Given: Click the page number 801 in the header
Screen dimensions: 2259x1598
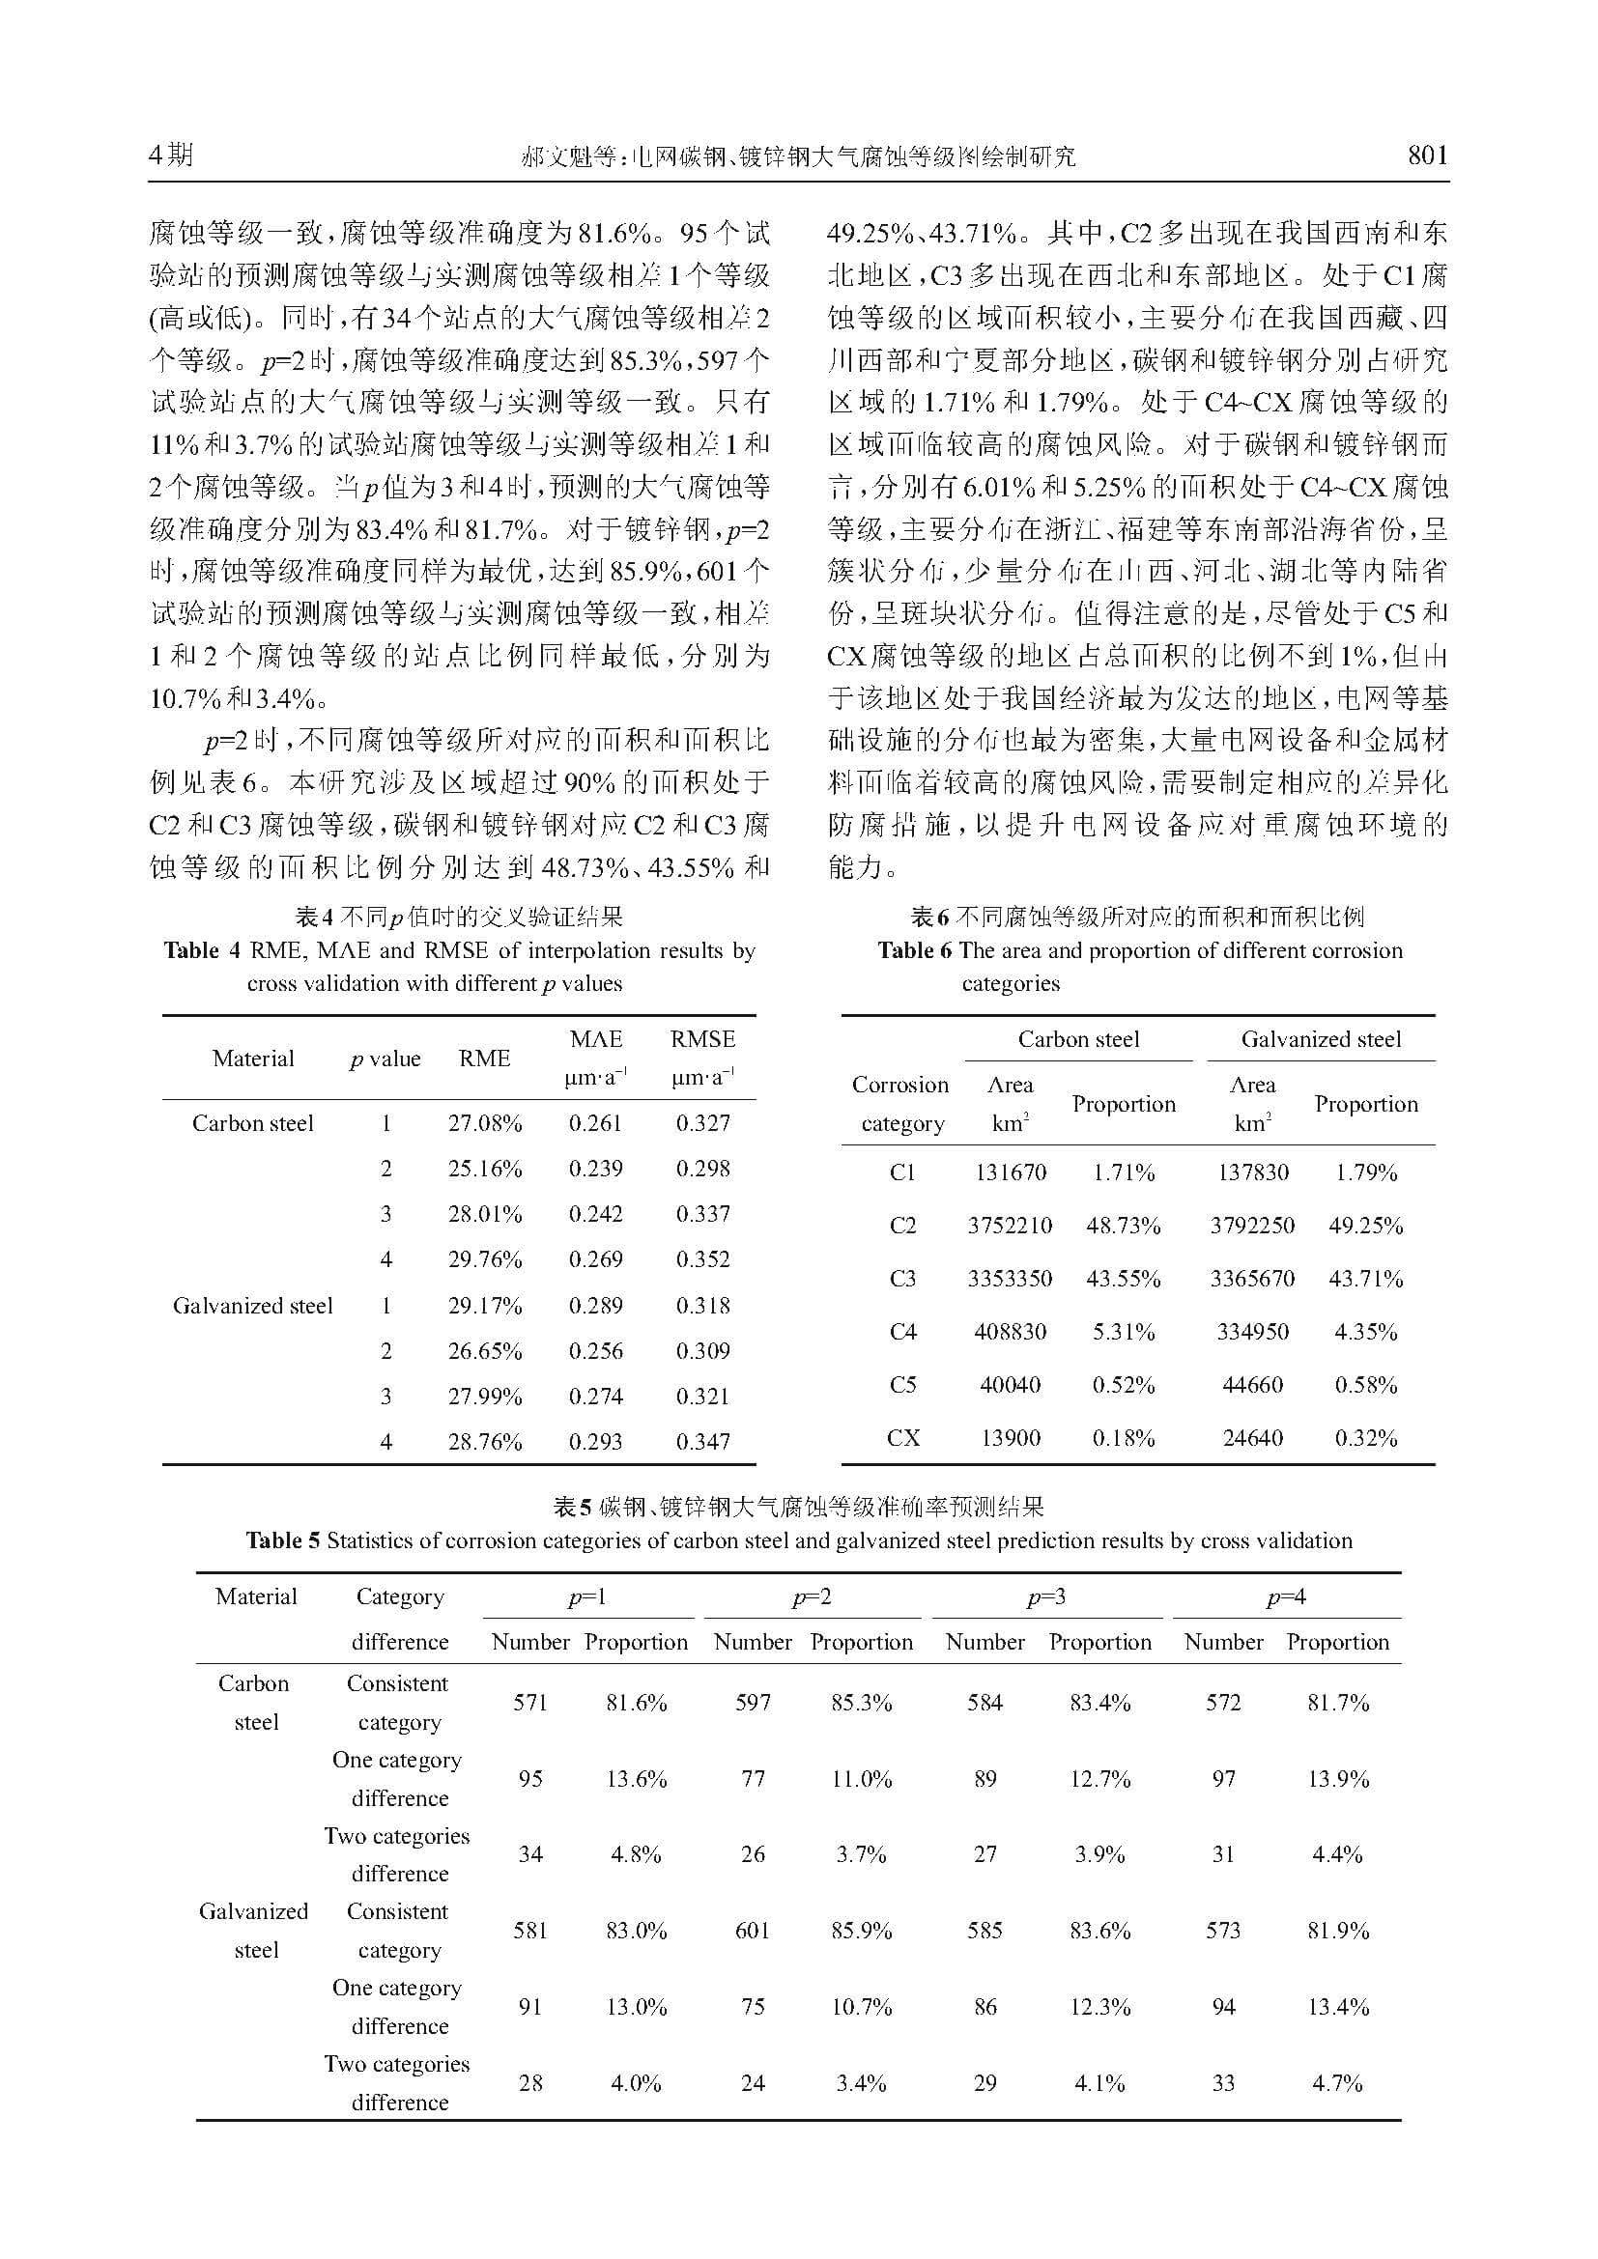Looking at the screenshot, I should [1427, 155].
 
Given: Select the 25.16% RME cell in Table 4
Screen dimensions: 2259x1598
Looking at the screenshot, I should [484, 1169].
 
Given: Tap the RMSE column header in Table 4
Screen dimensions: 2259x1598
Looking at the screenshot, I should [702, 1039].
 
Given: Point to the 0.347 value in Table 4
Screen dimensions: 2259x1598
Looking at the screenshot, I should [702, 1442].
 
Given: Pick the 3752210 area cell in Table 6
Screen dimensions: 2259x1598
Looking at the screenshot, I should [1010, 1226].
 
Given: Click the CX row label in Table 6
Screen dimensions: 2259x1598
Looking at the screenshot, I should [902, 1438].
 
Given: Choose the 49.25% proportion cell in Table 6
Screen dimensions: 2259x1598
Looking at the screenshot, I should [1365, 1226].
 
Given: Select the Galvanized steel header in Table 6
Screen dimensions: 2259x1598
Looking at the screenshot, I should [1321, 1039].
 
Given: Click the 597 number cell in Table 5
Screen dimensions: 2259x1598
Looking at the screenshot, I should [753, 1703].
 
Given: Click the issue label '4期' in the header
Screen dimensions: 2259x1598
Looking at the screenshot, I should [171, 155].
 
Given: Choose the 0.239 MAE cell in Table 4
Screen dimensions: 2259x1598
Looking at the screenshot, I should [595, 1169].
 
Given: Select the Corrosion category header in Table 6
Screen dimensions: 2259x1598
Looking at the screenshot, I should [900, 1104].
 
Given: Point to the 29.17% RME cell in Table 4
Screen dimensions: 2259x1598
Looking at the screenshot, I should [484, 1306].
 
